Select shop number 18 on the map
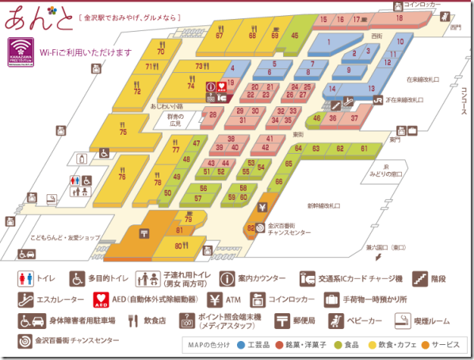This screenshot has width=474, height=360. point(399,17)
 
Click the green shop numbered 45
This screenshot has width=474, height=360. point(295,35)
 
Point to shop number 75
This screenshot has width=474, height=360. point(123,132)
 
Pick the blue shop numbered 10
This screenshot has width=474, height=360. point(399,41)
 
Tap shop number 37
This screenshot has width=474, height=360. point(354,118)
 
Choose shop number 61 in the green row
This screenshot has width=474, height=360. point(364,148)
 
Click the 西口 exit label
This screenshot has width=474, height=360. point(455,28)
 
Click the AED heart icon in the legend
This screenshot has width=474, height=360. point(101,301)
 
